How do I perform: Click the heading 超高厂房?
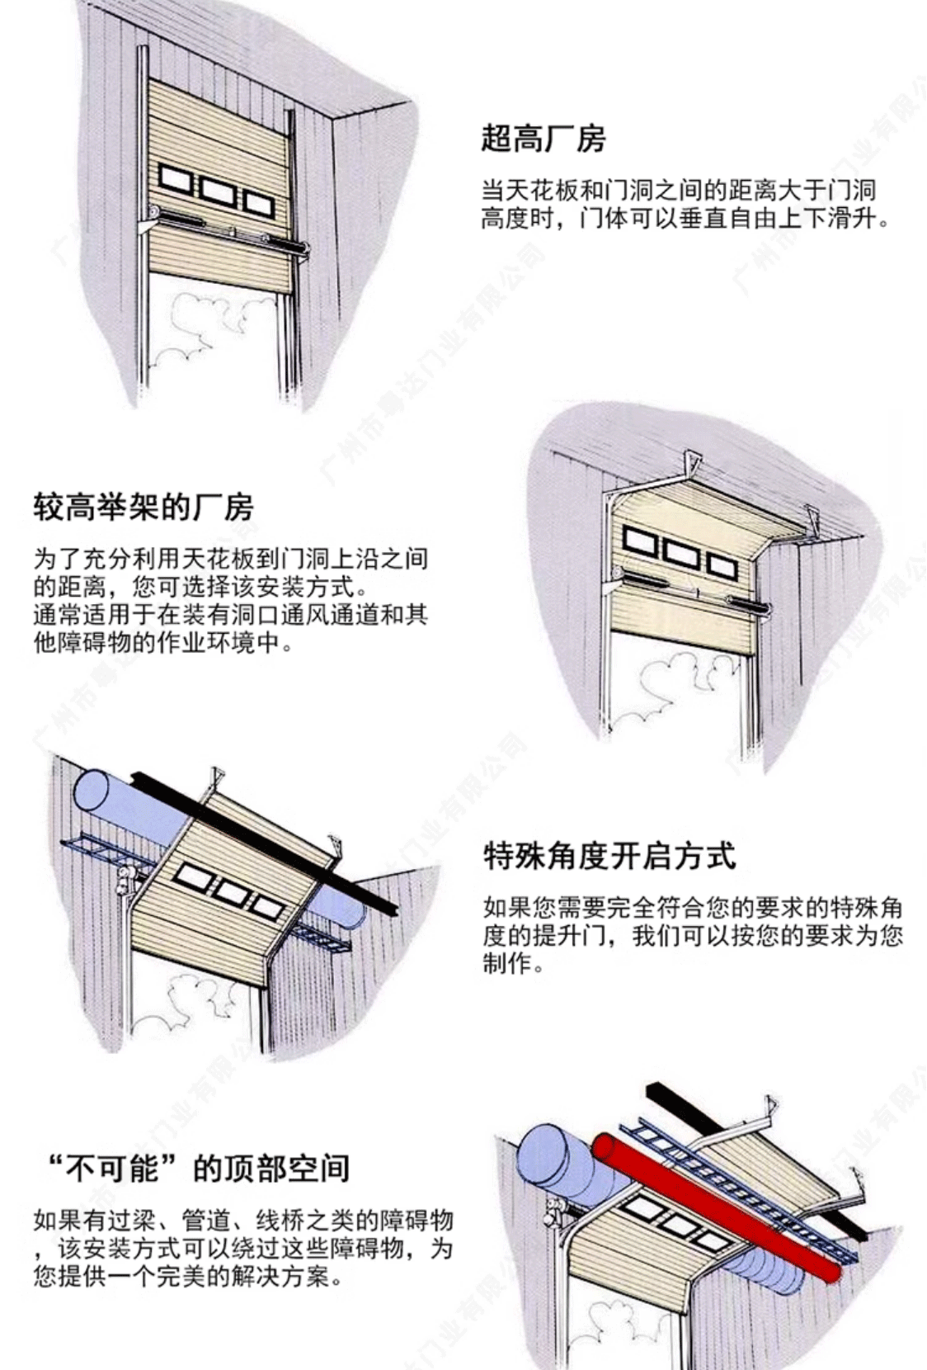click(543, 138)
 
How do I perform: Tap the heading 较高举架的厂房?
click(143, 507)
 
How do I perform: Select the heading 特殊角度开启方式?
click(609, 856)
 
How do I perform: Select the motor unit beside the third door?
click(125, 880)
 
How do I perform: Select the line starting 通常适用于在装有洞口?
click(230, 615)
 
